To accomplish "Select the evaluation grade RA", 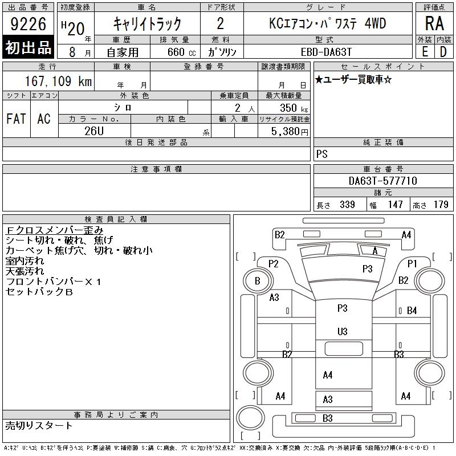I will (x=434, y=24).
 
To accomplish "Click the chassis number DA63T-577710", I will (x=383, y=181).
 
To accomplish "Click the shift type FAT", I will (x=16, y=119).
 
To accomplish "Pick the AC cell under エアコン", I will (x=43, y=119).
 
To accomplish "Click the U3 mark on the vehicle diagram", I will (x=342, y=331).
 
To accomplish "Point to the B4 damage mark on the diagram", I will (x=412, y=311).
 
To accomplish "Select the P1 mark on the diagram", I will (x=412, y=263).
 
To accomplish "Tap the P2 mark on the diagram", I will (x=273, y=263).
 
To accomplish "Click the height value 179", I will (x=441, y=205).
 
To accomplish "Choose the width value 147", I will (x=395, y=205).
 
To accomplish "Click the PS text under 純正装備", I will (x=321, y=154).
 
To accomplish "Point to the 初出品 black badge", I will (x=28, y=47).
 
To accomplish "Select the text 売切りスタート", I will (x=39, y=425).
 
